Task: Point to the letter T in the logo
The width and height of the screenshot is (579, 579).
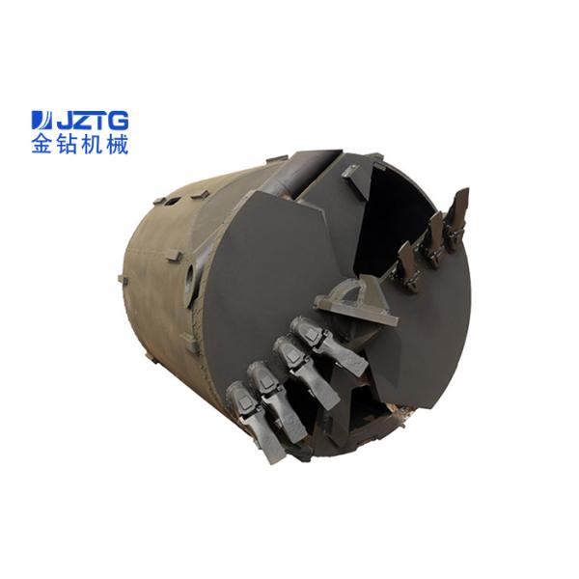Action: pos(99,121)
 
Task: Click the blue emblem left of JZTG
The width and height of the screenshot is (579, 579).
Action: pos(42,121)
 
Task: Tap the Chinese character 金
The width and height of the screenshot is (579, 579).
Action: pos(42,145)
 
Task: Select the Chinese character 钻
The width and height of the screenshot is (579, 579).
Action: pos(68,145)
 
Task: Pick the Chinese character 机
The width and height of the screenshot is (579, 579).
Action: pos(92,145)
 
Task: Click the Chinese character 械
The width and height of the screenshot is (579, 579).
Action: pos(117,145)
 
